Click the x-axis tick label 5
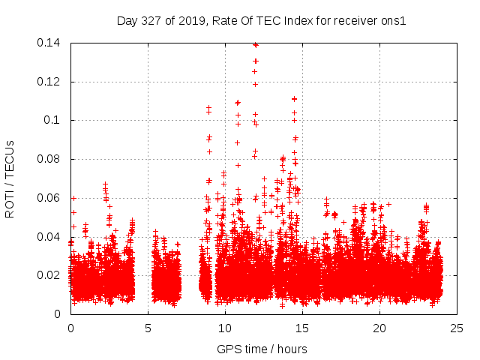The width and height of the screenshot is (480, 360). click(148, 328)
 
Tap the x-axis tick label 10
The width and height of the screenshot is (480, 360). click(225, 328)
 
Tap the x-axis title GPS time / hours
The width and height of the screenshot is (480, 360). click(262, 349)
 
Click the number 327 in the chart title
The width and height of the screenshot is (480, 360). click(151, 21)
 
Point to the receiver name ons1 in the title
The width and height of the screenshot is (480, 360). click(393, 21)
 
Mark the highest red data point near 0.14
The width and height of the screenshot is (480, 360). click(256, 45)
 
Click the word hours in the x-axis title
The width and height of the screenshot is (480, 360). click(291, 349)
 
